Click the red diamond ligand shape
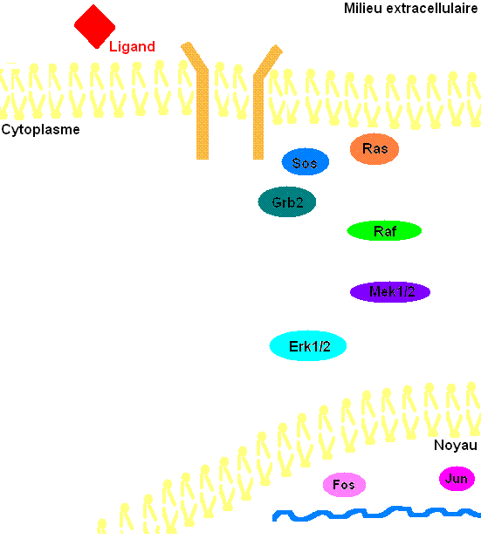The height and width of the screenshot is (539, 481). (x=94, y=26)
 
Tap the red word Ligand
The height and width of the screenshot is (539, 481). (x=132, y=46)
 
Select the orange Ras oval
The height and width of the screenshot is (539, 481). (x=374, y=149)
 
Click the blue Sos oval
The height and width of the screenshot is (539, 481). (x=306, y=162)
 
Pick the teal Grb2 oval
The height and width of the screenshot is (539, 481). (x=287, y=201)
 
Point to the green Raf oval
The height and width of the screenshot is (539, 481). (x=384, y=230)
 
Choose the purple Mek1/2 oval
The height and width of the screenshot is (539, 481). (x=390, y=292)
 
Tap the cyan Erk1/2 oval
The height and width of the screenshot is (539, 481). (x=308, y=345)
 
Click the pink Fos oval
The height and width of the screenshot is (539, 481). (x=344, y=485)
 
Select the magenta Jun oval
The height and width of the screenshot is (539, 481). (x=457, y=479)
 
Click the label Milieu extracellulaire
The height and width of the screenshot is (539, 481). (x=411, y=8)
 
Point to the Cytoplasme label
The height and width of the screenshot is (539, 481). (x=41, y=130)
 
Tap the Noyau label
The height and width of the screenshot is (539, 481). (x=456, y=445)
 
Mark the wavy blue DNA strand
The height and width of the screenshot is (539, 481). (x=377, y=513)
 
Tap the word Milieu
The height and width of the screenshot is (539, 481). (x=363, y=8)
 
